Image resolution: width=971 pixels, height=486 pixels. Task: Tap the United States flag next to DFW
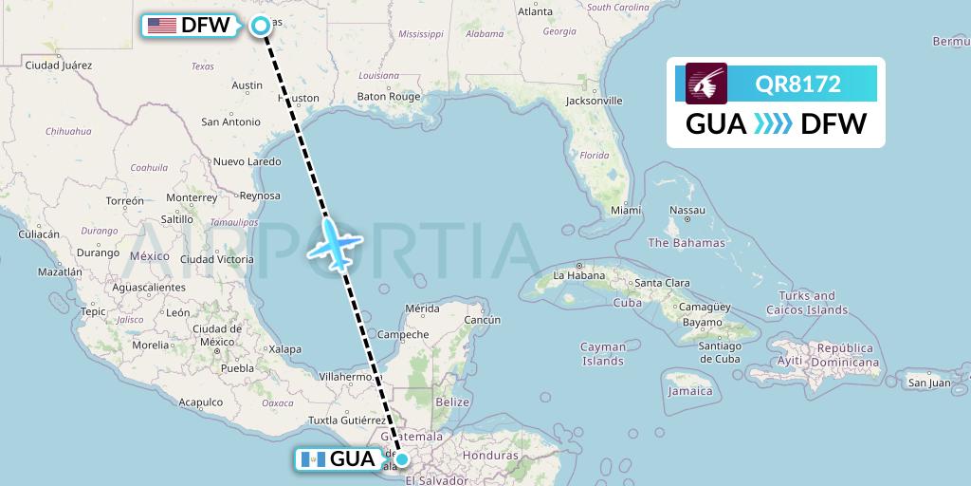[x=161, y=26]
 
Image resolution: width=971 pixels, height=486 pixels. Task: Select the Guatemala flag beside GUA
[x=311, y=460]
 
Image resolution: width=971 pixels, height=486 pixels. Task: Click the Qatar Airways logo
[x=705, y=84]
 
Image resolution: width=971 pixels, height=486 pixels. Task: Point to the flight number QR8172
[x=797, y=84]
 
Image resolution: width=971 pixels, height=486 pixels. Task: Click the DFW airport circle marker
[x=261, y=27]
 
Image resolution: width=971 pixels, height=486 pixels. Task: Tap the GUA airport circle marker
[x=402, y=460]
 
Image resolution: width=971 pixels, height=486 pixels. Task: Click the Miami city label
[x=626, y=210]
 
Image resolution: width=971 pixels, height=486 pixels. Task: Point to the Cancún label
[x=482, y=320]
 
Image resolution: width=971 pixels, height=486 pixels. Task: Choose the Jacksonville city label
[x=593, y=100]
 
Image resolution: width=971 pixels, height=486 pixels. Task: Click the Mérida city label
[x=421, y=308]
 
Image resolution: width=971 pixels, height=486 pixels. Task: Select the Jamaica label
[x=689, y=391]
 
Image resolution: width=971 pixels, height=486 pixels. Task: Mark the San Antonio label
[x=230, y=121]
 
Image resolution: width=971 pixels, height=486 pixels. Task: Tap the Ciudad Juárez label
[x=58, y=65]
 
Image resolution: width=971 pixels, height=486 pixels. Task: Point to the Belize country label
[x=452, y=402]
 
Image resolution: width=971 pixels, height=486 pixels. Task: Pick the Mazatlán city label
[x=59, y=271]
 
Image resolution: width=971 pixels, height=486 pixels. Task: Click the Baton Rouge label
[x=388, y=97]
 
